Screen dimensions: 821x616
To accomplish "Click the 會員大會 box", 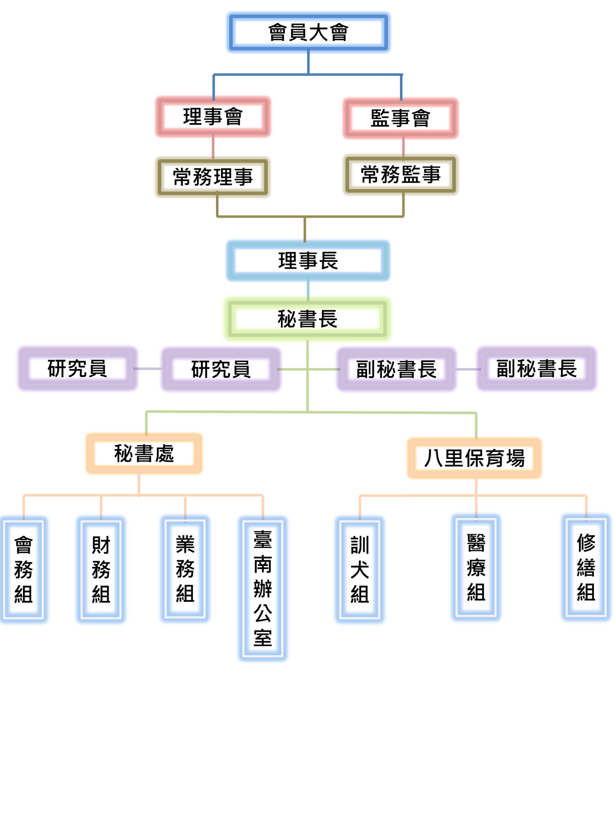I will [308, 32].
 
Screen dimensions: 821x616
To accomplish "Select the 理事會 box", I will [213, 117].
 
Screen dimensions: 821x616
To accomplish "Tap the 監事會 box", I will [401, 118].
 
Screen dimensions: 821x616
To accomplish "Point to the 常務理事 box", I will [213, 177].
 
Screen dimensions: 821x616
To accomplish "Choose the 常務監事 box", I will [401, 175].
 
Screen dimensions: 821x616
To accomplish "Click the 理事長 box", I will [308, 261].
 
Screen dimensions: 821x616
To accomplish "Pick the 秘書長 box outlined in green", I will [307, 319].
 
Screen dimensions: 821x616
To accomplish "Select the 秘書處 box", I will [144, 454].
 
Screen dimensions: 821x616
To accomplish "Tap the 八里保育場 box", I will [474, 458].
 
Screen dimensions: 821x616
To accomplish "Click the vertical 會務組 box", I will [23, 569].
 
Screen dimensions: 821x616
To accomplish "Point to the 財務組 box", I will [101, 569].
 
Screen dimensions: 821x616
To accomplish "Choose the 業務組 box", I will [185, 569].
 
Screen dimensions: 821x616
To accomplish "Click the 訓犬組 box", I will [360, 569].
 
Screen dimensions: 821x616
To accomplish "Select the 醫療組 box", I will [476, 567].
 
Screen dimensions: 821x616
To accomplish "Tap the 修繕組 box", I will [586, 567].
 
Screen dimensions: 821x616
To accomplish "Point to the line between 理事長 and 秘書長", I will [308, 290].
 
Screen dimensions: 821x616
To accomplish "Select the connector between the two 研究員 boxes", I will [148, 369].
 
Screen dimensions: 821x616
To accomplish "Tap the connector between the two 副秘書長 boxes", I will [467, 369].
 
